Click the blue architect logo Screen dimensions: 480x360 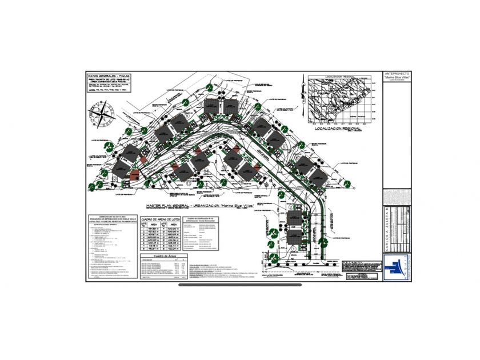coord(395,267)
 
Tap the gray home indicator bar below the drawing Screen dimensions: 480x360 coord(239,285)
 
